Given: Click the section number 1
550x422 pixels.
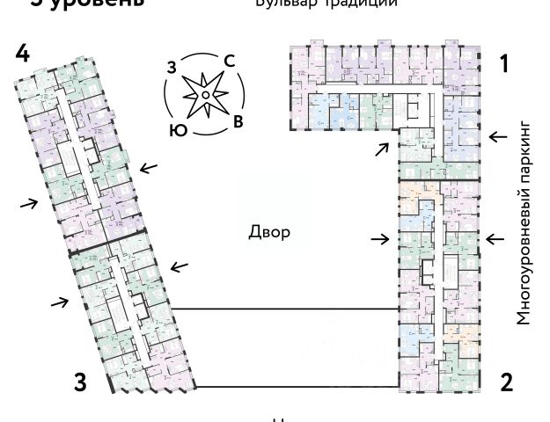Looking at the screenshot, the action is tap(504, 63).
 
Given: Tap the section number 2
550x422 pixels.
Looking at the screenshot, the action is tap(506, 382).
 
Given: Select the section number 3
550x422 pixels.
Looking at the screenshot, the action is tap(80, 382).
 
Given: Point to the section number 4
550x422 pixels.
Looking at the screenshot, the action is tap(23, 53).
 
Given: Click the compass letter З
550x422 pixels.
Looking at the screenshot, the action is tap(172, 67).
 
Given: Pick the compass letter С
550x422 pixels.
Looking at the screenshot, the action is tap(228, 61).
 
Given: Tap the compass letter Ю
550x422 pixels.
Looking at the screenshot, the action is tap(177, 129).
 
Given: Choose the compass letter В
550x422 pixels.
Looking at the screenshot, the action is tap(238, 122).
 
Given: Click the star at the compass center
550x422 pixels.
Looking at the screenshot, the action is tap(203, 93).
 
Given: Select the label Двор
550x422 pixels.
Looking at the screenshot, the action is tap(268, 233).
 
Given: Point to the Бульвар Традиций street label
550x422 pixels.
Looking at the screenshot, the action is tap(313, 4).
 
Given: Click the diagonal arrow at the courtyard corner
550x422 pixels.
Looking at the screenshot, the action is tap(381, 149).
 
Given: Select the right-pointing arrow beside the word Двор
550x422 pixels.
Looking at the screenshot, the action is tap(380, 238).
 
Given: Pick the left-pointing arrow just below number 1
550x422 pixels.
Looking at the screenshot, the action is tap(498, 136).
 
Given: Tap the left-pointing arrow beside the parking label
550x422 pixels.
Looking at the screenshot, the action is tap(495, 237).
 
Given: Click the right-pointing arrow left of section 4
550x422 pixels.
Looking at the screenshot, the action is tap(29, 203).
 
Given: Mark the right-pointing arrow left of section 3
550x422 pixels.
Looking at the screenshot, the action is tap(59, 303).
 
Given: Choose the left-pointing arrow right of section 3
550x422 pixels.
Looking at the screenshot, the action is tap(180, 266).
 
